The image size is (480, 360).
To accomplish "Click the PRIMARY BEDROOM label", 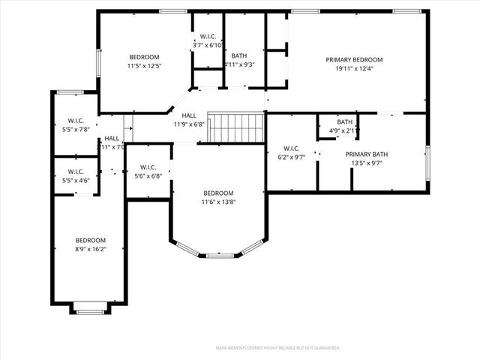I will pyautogui.click(x=354, y=60).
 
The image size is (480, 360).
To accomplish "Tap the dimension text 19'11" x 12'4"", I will pyautogui.click(x=354, y=69).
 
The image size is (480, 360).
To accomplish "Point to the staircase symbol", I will pyautogui.click(x=236, y=127).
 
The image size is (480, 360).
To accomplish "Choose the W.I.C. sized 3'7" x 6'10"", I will pyautogui.click(x=207, y=41).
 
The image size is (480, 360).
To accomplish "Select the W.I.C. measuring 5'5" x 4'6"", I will pyautogui.click(x=74, y=176).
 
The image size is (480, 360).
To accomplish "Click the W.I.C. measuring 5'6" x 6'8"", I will pyautogui.click(x=148, y=171).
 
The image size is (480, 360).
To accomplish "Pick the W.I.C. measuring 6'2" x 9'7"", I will pyautogui.click(x=291, y=153).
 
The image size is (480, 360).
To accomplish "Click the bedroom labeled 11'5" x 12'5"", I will pyautogui.click(x=144, y=62).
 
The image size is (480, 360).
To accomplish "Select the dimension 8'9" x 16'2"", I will pyautogui.click(x=90, y=249).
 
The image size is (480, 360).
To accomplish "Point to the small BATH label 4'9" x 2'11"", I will pyautogui.click(x=345, y=126).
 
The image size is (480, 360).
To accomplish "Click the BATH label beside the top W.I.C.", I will pyautogui.click(x=239, y=60).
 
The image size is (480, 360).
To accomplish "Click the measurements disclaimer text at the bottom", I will pyautogui.click(x=278, y=348).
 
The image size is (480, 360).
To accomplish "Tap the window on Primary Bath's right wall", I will pyautogui.click(x=427, y=162).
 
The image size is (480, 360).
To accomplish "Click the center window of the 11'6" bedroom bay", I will pyautogui.click(x=219, y=256).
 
